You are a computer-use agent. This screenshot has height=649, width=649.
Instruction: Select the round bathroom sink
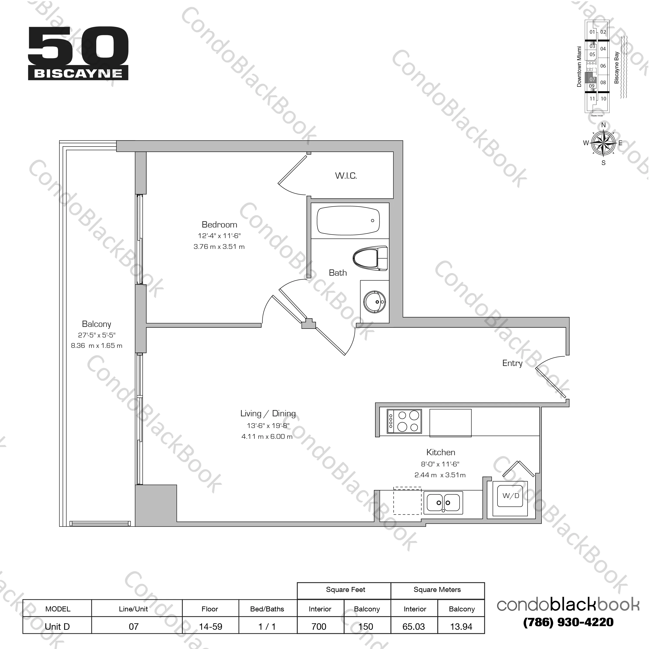coord(375,302)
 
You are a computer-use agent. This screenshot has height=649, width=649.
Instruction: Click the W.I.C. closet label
coord(346,175)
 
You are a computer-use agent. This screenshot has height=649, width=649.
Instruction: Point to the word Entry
coord(512,363)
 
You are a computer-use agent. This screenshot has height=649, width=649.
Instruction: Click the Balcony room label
coord(96,324)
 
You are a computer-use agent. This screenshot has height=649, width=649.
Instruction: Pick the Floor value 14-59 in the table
coord(210,627)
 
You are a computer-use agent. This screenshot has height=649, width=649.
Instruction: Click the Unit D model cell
coord(57,627)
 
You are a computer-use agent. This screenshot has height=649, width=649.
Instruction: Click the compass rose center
coord(603,143)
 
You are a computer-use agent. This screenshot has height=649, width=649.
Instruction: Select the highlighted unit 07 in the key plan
coord(592,79)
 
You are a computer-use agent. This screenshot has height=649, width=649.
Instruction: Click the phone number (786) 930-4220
coord(568,622)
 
